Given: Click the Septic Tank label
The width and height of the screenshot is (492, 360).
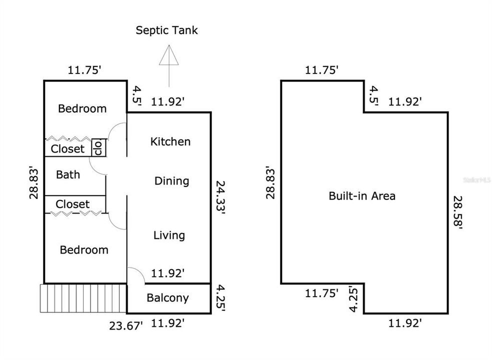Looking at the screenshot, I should (x=167, y=30).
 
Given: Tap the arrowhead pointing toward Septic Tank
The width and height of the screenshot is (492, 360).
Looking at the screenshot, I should (x=169, y=55).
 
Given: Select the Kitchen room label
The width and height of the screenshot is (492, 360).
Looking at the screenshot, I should (x=170, y=141).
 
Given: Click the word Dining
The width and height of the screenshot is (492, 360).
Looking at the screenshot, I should (x=171, y=180).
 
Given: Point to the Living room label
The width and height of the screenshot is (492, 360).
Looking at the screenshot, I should (x=169, y=235).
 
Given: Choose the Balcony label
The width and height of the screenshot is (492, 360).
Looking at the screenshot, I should (x=167, y=298).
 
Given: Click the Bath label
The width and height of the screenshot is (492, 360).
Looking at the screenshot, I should (x=67, y=174).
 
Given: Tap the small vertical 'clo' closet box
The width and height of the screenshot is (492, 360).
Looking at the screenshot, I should (x=98, y=147).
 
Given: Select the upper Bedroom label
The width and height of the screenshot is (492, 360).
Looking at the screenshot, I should (x=82, y=108).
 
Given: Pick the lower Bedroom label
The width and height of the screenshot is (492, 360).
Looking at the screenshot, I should (x=84, y=249).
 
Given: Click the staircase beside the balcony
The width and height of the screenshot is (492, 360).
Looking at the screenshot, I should (x=83, y=298).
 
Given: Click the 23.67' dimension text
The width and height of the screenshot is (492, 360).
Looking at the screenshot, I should (x=126, y=326).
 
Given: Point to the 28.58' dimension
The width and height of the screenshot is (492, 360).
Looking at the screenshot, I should (x=457, y=212).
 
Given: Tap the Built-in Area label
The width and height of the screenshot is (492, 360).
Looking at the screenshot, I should (x=362, y=195).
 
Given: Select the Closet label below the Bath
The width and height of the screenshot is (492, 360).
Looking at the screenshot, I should (x=72, y=204).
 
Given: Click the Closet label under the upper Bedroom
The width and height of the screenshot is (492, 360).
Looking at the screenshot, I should (x=68, y=148).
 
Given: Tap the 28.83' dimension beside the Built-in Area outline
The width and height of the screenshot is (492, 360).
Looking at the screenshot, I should (x=270, y=182).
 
